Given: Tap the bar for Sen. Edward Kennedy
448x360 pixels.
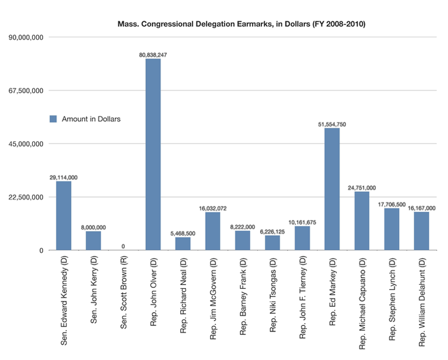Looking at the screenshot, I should pos(64,216).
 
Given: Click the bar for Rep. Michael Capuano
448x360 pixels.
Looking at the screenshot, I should pos(362,221).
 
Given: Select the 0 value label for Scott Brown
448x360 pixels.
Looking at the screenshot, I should pos(123,246).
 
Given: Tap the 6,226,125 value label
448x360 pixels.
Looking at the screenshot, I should pos(272,230).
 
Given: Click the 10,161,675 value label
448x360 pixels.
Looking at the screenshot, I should pos(302,221).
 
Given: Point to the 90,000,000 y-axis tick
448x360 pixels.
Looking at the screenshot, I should pos(24,37).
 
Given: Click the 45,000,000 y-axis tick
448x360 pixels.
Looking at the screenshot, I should pos(24,144).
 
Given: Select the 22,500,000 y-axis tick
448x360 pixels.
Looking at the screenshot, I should pos(24,197).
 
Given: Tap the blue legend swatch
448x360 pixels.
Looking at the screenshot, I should pos(52,118).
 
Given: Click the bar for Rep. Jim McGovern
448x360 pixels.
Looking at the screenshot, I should pos(212,231).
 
